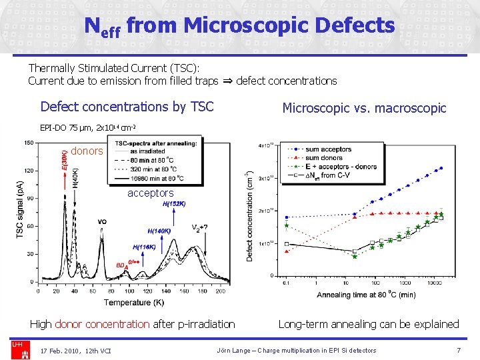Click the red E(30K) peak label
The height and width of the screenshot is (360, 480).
click(x=64, y=162)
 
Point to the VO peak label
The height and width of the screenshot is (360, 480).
click(x=102, y=221)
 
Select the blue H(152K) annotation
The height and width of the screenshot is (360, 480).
click(x=174, y=204)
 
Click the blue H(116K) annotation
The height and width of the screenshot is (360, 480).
click(x=144, y=247)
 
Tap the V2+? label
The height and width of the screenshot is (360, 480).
click(x=201, y=227)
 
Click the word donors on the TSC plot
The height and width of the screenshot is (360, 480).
click(x=87, y=151)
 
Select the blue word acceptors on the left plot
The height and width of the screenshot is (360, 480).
click(x=150, y=193)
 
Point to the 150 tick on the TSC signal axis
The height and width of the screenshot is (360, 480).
click(x=29, y=142)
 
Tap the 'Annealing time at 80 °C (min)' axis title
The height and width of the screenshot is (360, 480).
click(x=366, y=295)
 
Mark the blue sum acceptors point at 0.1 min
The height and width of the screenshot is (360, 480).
click(x=286, y=217)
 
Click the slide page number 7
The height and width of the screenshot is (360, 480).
click(x=459, y=350)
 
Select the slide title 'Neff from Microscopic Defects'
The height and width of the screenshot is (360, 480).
click(x=240, y=26)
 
